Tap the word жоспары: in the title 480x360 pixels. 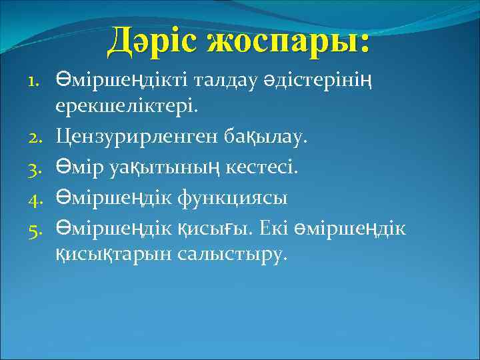click(287, 42)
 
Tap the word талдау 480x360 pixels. click(226, 81)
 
